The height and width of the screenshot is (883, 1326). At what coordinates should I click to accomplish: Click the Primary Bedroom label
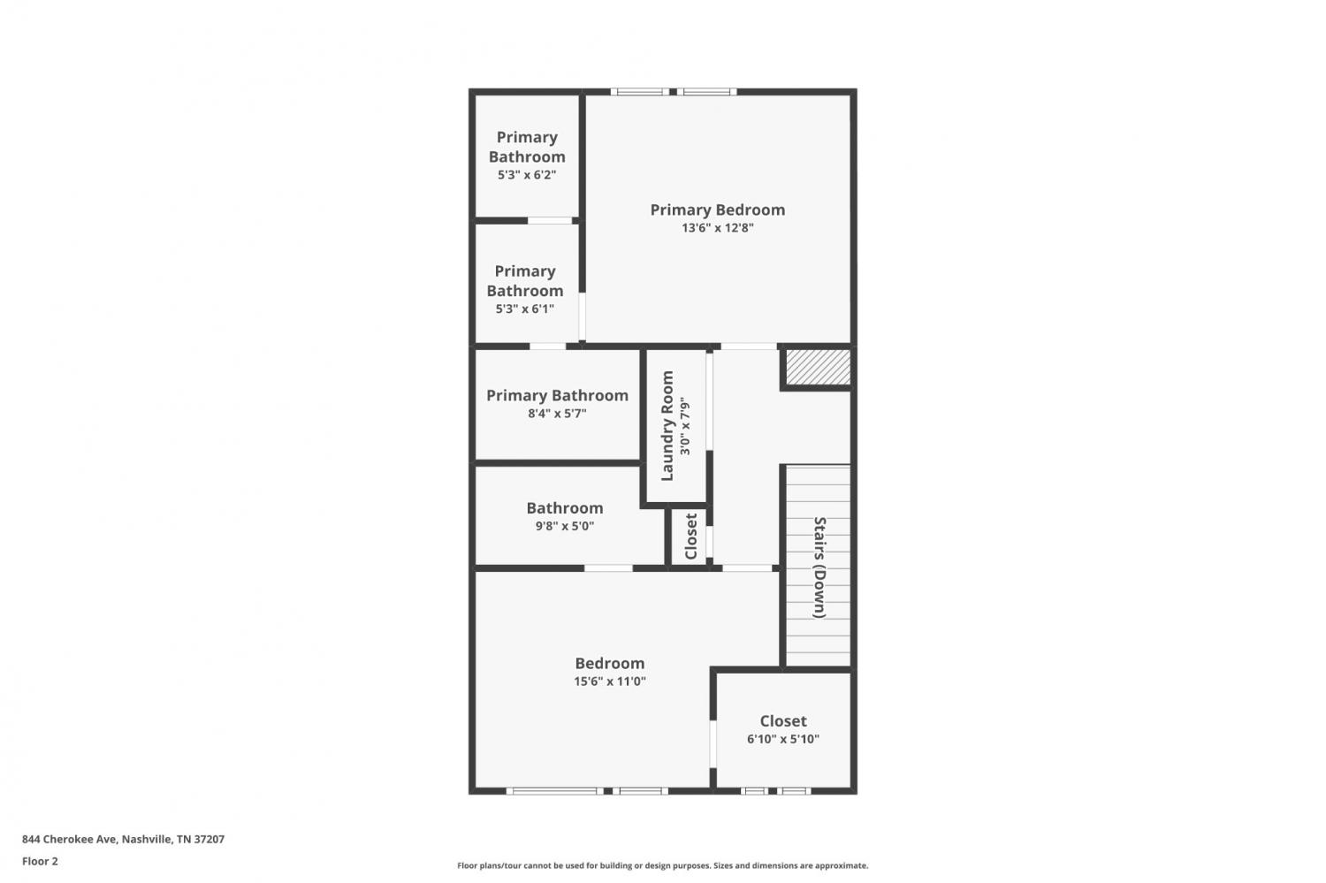pos(718,209)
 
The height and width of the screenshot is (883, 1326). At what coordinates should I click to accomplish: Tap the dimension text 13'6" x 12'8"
pos(718,228)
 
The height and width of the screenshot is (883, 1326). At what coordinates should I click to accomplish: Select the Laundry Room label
pos(667,425)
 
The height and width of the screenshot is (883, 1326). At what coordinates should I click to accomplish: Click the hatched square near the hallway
pos(818,367)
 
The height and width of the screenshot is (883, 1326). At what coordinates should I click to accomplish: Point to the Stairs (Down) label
pos(819,567)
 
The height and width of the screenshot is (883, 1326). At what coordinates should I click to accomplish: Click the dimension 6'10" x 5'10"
pos(783,739)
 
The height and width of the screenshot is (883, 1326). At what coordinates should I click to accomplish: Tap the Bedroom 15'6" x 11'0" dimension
pos(610,681)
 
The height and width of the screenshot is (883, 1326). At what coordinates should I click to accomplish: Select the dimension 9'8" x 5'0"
pos(565,526)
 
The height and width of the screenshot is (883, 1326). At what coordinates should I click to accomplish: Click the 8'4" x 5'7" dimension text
pos(557,414)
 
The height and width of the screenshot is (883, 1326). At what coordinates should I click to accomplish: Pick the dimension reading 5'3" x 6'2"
pos(527,175)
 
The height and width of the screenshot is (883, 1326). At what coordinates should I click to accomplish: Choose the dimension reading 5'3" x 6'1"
pos(525,309)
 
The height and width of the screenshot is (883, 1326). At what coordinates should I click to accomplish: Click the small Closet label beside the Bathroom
pos(690,537)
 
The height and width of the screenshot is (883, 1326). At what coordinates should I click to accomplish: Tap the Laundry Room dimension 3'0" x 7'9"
pos(685,426)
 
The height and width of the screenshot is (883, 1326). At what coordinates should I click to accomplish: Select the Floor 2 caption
pos(41,862)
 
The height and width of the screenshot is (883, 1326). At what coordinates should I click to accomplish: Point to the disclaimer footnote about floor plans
pos(662,866)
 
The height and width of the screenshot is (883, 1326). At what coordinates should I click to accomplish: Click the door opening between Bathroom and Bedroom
pos(608,568)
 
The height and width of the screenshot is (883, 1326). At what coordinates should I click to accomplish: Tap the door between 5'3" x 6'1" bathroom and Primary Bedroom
pos(582,316)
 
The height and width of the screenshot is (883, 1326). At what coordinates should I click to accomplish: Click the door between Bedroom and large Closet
pos(713,744)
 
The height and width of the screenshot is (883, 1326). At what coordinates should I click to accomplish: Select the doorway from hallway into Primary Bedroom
pos(749,346)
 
